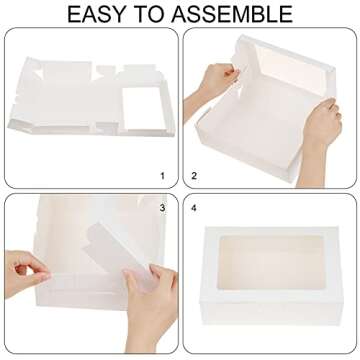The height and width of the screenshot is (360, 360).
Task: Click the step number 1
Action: (x=162, y=176)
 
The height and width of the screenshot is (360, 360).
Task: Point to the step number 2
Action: (x=194, y=176)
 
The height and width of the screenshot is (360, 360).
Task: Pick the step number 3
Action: (x=162, y=207)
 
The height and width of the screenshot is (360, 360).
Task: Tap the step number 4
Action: (x=194, y=207)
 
